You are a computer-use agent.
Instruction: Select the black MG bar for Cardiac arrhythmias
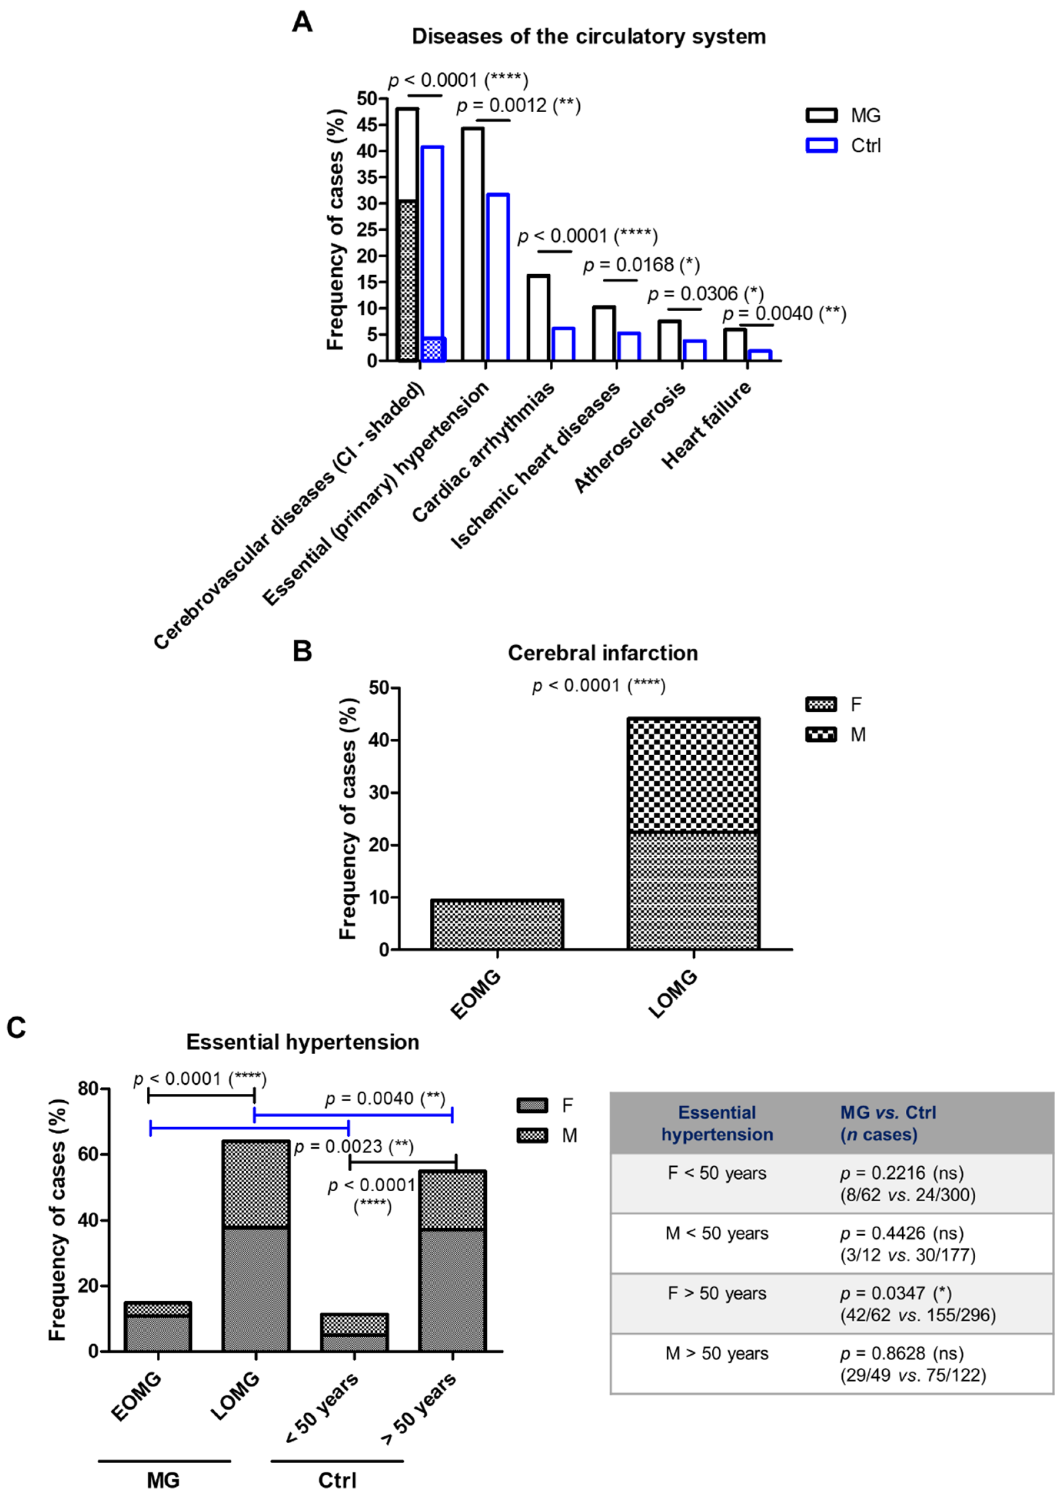pyautogui.click(x=538, y=318)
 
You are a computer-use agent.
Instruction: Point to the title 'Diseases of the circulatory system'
pyautogui.click(x=588, y=36)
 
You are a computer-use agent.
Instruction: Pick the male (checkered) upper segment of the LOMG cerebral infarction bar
pyautogui.click(x=693, y=775)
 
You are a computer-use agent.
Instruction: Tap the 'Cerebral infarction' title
pyautogui.click(x=602, y=653)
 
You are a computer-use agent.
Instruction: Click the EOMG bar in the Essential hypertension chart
pyautogui.click(x=158, y=1327)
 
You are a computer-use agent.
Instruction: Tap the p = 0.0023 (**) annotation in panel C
pyautogui.click(x=353, y=1146)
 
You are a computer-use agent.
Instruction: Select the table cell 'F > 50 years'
pyautogui.click(x=717, y=1293)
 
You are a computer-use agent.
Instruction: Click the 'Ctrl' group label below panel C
pyautogui.click(x=337, y=1480)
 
